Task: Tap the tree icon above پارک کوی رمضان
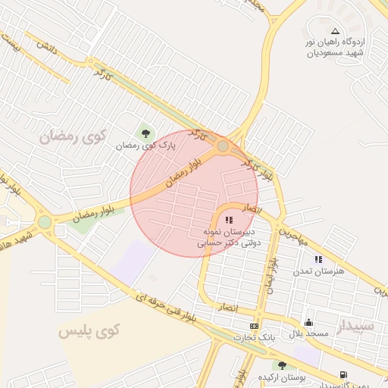point(145,130)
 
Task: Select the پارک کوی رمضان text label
point(146,144)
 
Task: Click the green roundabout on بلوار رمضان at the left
point(45,222)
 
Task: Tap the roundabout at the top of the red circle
point(223,145)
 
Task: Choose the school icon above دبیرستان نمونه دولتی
point(230,220)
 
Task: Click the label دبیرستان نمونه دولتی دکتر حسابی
point(230,236)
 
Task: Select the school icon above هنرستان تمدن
point(318,258)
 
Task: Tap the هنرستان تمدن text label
point(320,271)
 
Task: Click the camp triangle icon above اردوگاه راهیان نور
point(335,31)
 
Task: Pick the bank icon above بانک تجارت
point(254,327)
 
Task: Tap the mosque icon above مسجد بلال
point(308,322)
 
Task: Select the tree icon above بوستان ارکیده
point(282,365)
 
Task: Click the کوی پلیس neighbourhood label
point(90,330)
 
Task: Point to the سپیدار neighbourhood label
point(356,327)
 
